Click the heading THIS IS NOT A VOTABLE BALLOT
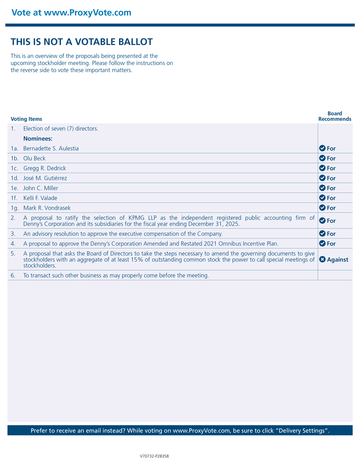tap(82, 42)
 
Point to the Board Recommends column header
tap(335, 116)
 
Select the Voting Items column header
tap(26, 119)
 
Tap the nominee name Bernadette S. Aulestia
tap(51, 148)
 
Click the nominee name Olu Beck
tap(34, 158)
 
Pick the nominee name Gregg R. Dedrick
tap(44, 168)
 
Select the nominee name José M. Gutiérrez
tap(45, 178)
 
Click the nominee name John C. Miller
tap(40, 188)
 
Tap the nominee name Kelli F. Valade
tap(40, 198)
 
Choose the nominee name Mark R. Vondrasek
tap(47, 208)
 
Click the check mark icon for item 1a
tap(322, 148)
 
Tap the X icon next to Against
tap(322, 260)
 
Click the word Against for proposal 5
tap(338, 260)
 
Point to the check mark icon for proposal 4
tap(322, 243)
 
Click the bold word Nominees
tap(38, 139)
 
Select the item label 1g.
tap(14, 208)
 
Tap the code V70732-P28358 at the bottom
tap(154, 456)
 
